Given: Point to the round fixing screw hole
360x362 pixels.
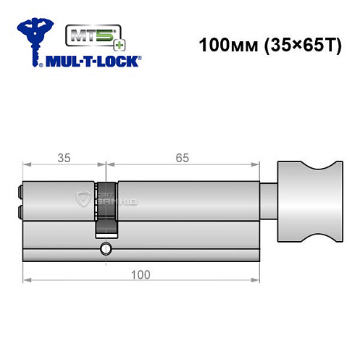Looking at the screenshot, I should point(107,250).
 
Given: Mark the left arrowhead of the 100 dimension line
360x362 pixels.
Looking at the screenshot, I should point(27,279).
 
